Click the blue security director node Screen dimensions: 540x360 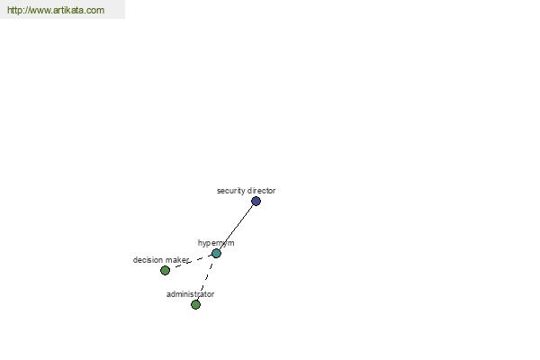tap(256, 202)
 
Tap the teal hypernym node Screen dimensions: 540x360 tap(216, 254)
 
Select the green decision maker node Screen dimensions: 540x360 tap(166, 270)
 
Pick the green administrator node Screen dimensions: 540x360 tap(195, 304)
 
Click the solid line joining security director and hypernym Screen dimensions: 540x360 tap(236, 228)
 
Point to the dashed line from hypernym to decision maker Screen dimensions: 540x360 tap(191, 262)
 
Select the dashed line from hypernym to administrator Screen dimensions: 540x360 tap(206, 279)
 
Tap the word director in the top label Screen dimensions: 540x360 tap(261, 191)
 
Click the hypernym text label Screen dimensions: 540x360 tap(216, 243)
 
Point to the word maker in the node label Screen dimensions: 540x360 tap(176, 260)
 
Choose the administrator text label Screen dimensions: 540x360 tap(190, 294)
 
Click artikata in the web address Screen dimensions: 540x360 tap(70, 10)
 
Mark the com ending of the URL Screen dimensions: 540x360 tap(97, 11)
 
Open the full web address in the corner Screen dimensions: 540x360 tap(56, 10)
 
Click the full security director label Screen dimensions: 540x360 tap(247, 191)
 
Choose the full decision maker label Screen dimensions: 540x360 tap(161, 260)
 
